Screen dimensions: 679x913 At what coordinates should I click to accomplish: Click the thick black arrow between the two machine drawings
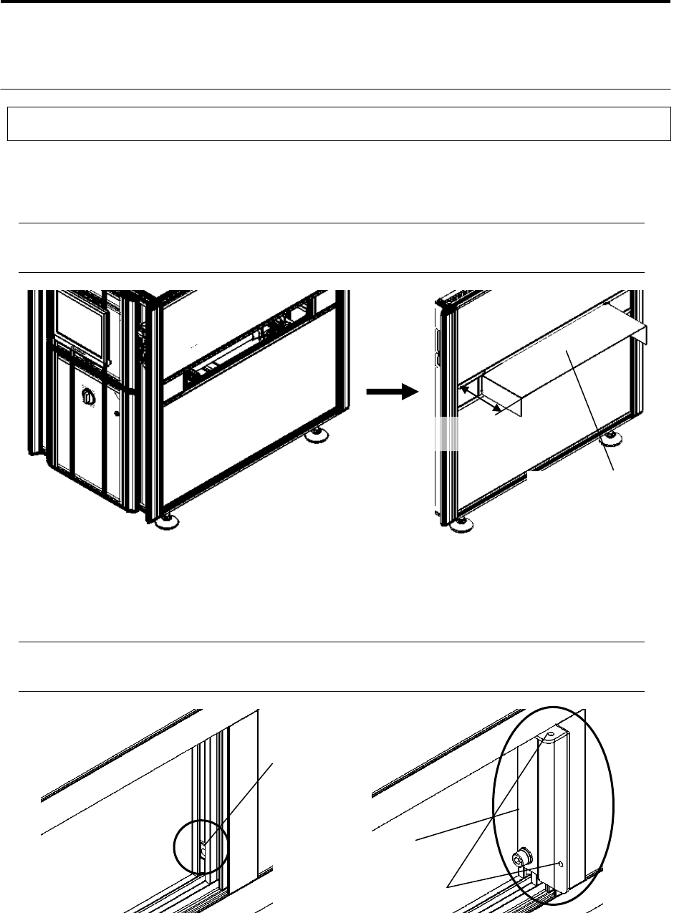(x=391, y=392)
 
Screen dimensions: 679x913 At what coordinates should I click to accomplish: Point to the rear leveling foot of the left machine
(x=315, y=434)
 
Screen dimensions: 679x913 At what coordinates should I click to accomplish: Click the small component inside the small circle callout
(x=203, y=851)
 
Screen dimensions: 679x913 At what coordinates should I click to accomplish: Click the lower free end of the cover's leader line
(x=615, y=470)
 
